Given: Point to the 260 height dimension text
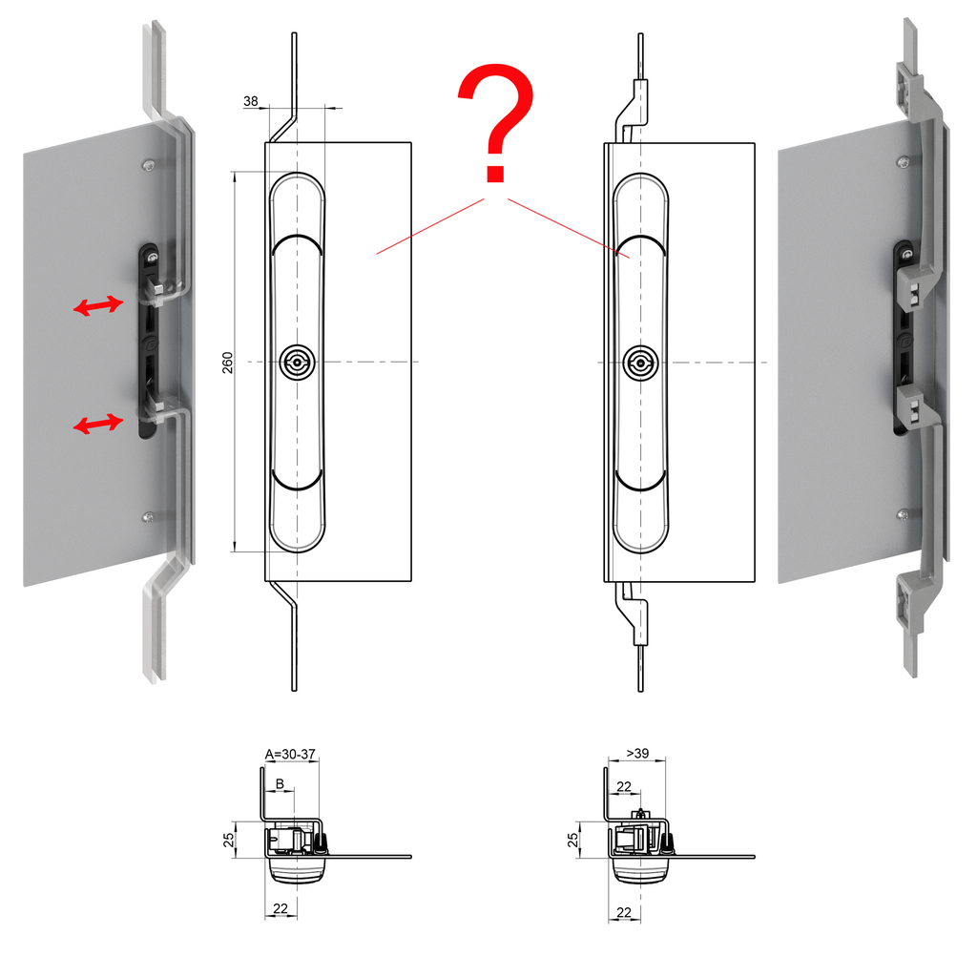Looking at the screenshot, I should [x=228, y=362].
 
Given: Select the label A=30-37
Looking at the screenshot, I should [x=290, y=754].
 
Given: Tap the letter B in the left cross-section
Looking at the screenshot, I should [x=280, y=783].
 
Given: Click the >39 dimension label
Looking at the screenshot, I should [x=637, y=754].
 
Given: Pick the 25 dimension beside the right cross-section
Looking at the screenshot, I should [x=573, y=841].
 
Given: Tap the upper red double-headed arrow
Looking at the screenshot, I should [x=98, y=306].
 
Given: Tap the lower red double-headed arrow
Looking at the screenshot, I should [x=98, y=423].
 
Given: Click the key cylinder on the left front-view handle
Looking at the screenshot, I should [x=297, y=362].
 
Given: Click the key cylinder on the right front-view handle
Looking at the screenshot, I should [x=638, y=362].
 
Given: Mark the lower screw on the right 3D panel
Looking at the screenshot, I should [x=903, y=514].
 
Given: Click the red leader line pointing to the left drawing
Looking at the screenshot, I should [x=429, y=226].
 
